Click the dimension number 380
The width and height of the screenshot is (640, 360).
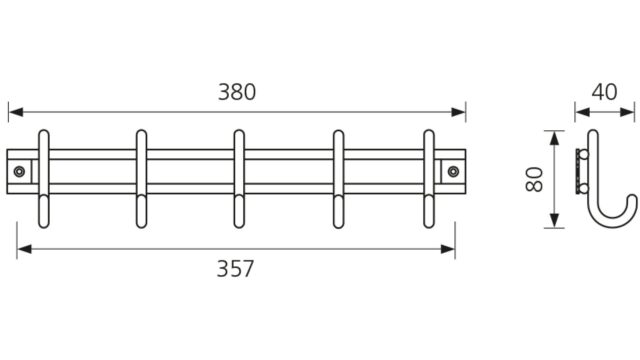pos(237,92)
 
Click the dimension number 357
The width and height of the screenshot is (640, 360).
pos(235,269)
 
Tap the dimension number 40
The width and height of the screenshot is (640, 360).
pos(604,92)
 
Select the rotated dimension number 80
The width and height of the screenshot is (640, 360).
pos(534,179)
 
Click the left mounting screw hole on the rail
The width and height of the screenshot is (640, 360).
pos(19,171)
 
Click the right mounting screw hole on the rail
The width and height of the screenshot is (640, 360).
pos(453,171)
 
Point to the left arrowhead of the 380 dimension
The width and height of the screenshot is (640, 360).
pos(16,112)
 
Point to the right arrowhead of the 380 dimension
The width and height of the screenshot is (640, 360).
pos(458,112)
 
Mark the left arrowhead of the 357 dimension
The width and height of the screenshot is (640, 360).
pos(24,249)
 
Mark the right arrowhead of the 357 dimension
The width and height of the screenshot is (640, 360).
pos(448,249)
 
